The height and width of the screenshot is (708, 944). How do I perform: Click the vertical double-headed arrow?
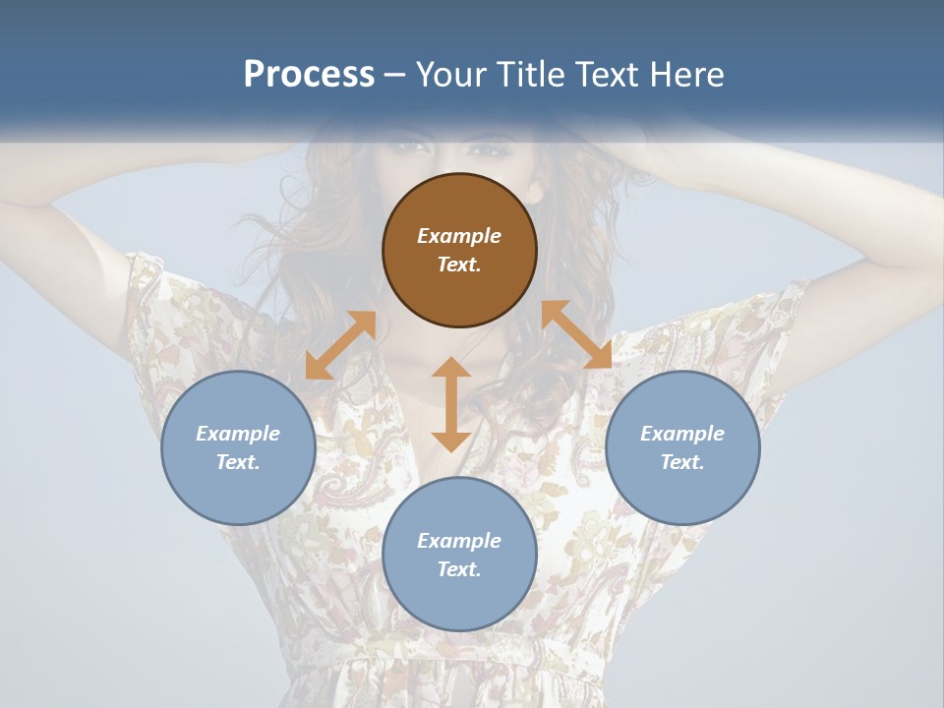(451, 404)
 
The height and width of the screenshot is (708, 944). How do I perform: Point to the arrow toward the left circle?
(340, 345)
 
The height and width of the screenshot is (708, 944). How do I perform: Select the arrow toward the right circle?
(576, 334)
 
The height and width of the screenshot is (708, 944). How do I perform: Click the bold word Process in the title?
(309, 75)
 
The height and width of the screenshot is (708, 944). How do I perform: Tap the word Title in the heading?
(532, 75)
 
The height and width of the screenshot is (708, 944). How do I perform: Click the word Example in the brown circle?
(459, 236)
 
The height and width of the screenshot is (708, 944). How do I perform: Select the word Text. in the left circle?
(238, 462)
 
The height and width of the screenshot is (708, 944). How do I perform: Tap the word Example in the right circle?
(682, 434)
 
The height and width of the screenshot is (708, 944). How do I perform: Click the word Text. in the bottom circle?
(459, 569)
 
